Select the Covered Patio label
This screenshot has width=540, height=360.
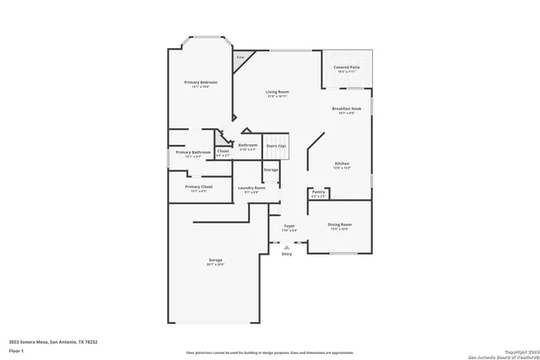(346, 67)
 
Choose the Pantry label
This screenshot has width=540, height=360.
(318, 192)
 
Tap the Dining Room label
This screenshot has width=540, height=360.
(340, 224)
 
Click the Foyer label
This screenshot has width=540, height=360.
(289, 226)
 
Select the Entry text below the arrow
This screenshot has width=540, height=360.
(287, 253)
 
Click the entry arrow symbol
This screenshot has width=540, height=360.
(287, 245)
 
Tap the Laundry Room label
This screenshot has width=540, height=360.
(251, 188)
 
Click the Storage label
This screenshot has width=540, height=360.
(270, 169)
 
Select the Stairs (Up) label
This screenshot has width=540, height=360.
(276, 145)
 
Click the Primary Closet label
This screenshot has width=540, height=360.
(199, 186)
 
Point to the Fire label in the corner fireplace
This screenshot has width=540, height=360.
(240, 57)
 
